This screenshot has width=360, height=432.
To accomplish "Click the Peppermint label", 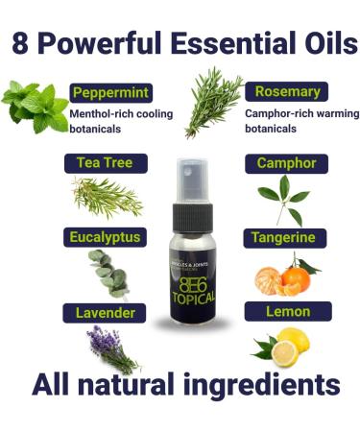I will pos(108,92).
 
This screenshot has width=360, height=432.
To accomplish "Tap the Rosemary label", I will pos(286,92).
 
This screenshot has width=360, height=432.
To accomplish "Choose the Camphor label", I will pos(286,162).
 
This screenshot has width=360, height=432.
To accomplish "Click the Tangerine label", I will pos(286,235).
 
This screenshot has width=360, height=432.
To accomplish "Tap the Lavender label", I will pos(106,312).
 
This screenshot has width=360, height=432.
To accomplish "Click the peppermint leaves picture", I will pos(34,106).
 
